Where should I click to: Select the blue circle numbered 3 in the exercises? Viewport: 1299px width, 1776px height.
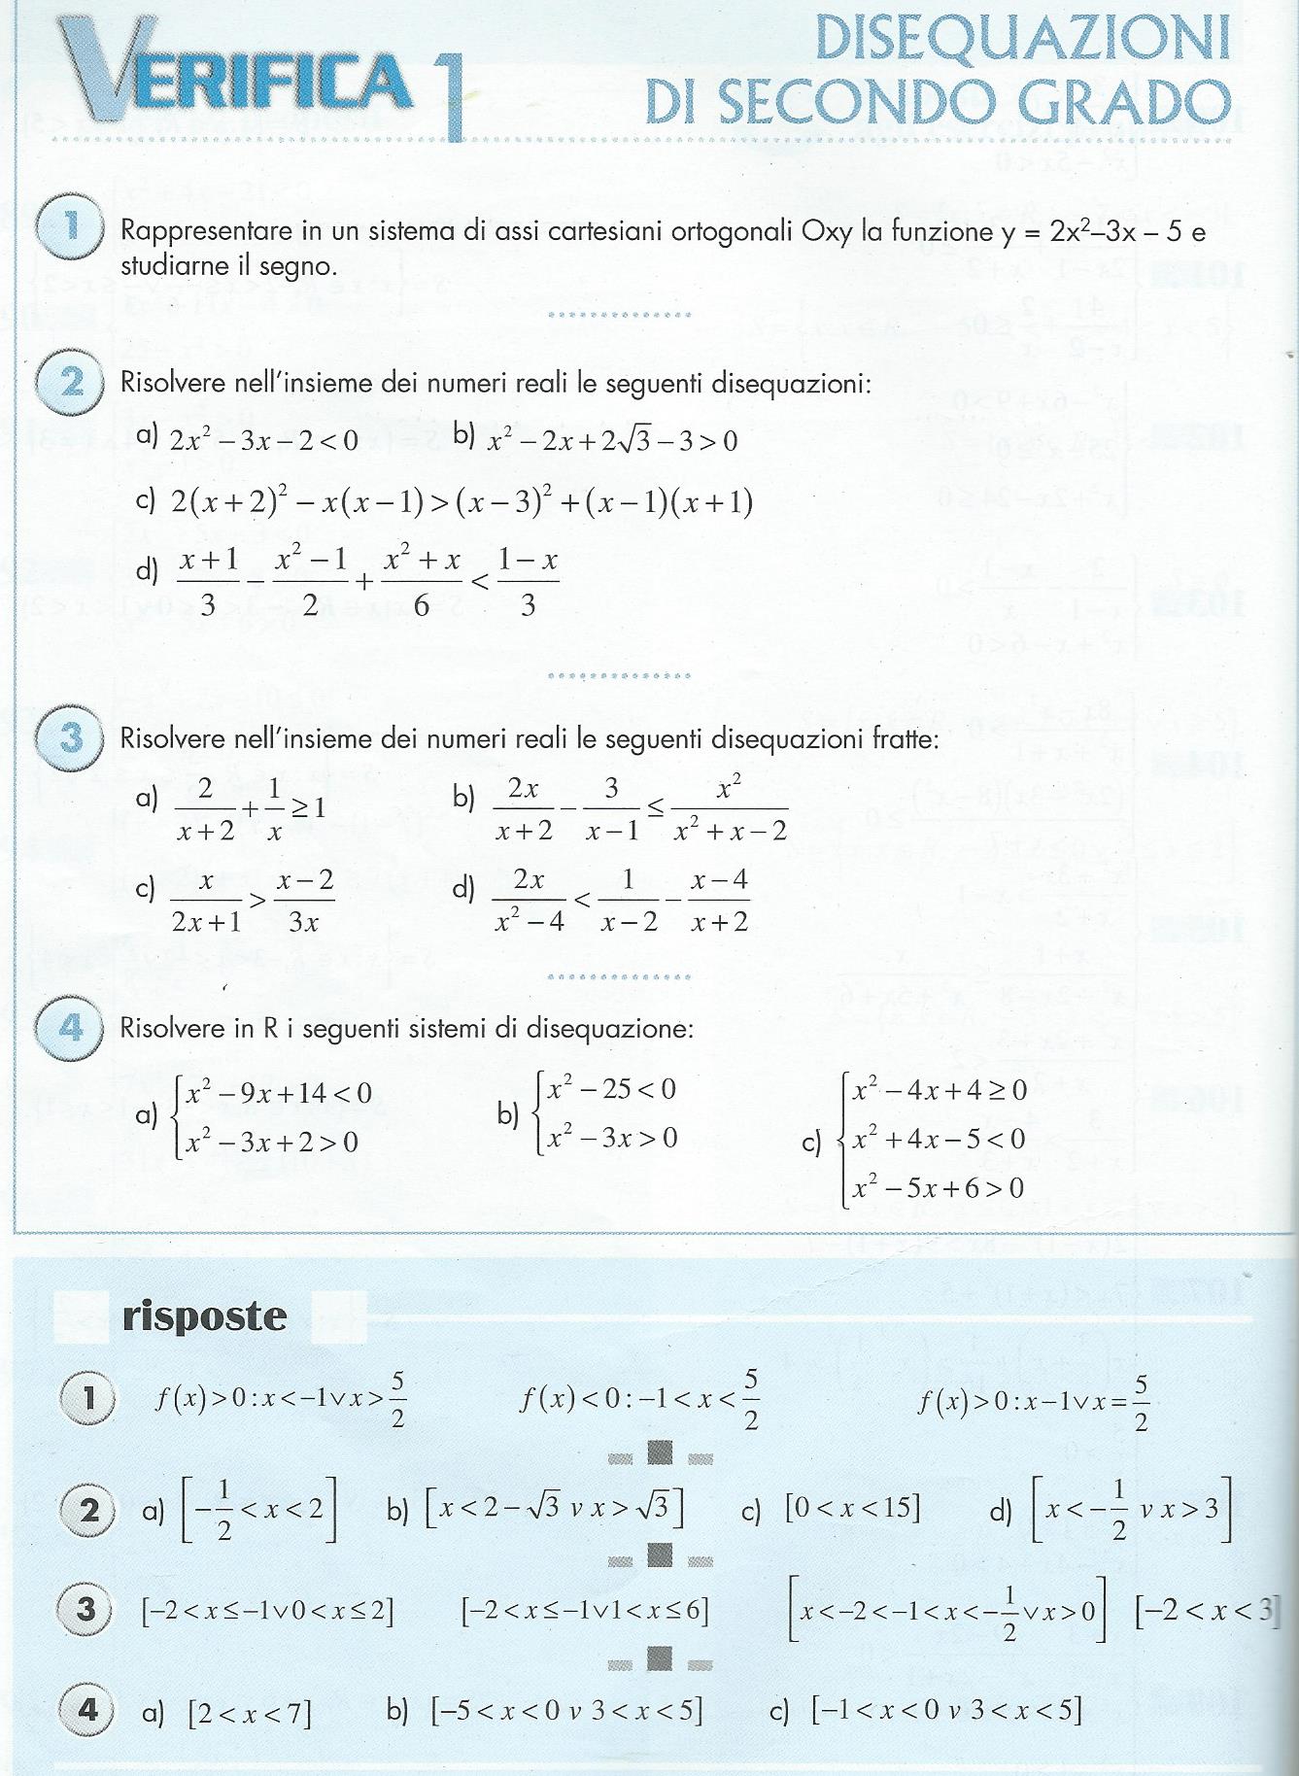pyautogui.click(x=70, y=738)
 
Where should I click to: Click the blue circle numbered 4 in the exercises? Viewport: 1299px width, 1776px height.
pyautogui.click(x=70, y=1027)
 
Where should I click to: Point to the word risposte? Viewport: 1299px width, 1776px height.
pyautogui.click(x=205, y=1316)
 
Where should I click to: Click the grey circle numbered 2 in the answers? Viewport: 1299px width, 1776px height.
pyautogui.click(x=88, y=1511)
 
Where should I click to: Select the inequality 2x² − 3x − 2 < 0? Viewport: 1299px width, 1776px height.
pyautogui.click(x=263, y=441)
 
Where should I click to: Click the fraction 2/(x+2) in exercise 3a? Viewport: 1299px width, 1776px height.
pyautogui.click(x=205, y=810)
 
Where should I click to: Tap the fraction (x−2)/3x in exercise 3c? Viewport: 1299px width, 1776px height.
pyautogui.click(x=304, y=902)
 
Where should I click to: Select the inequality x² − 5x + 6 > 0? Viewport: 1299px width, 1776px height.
pyautogui.click(x=938, y=1187)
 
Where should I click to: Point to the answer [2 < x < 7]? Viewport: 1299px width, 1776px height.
pyautogui.click(x=250, y=1713)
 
